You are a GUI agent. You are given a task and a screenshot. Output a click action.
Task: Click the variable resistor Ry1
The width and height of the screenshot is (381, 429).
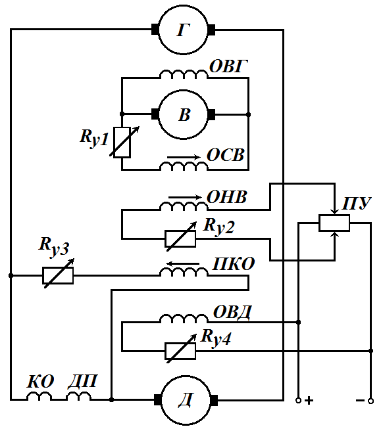122,143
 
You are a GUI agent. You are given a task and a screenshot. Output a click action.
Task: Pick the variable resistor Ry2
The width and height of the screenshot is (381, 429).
180,238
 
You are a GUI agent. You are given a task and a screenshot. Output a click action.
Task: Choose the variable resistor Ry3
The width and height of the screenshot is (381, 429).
58,275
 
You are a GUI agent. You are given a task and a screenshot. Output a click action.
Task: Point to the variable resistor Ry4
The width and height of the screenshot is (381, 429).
180,351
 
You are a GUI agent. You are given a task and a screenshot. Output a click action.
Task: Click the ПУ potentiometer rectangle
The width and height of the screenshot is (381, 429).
334,223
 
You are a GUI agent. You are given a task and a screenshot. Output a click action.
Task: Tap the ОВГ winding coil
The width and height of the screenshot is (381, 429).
184,74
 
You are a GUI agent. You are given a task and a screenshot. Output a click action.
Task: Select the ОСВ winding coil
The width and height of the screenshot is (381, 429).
184,166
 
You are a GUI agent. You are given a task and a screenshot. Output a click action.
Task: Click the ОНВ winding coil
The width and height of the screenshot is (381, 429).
184,206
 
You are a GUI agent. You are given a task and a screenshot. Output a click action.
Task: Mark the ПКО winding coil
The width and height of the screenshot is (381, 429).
184,272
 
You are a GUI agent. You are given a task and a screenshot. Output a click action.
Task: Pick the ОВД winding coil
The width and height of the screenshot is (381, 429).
184,319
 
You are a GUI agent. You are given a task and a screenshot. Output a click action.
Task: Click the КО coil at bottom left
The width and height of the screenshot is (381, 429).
39,396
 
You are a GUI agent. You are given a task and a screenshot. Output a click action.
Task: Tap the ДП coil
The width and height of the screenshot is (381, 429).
79,396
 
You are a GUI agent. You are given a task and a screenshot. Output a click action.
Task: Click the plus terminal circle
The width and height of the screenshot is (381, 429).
299,401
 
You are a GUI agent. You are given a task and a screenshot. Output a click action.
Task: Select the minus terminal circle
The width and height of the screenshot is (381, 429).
370,401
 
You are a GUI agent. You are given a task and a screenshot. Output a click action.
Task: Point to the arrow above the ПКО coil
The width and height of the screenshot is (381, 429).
182,263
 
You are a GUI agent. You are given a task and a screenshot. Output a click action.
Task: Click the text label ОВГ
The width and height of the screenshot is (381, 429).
228,66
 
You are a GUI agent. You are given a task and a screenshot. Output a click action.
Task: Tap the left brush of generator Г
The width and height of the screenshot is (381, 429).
155,30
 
